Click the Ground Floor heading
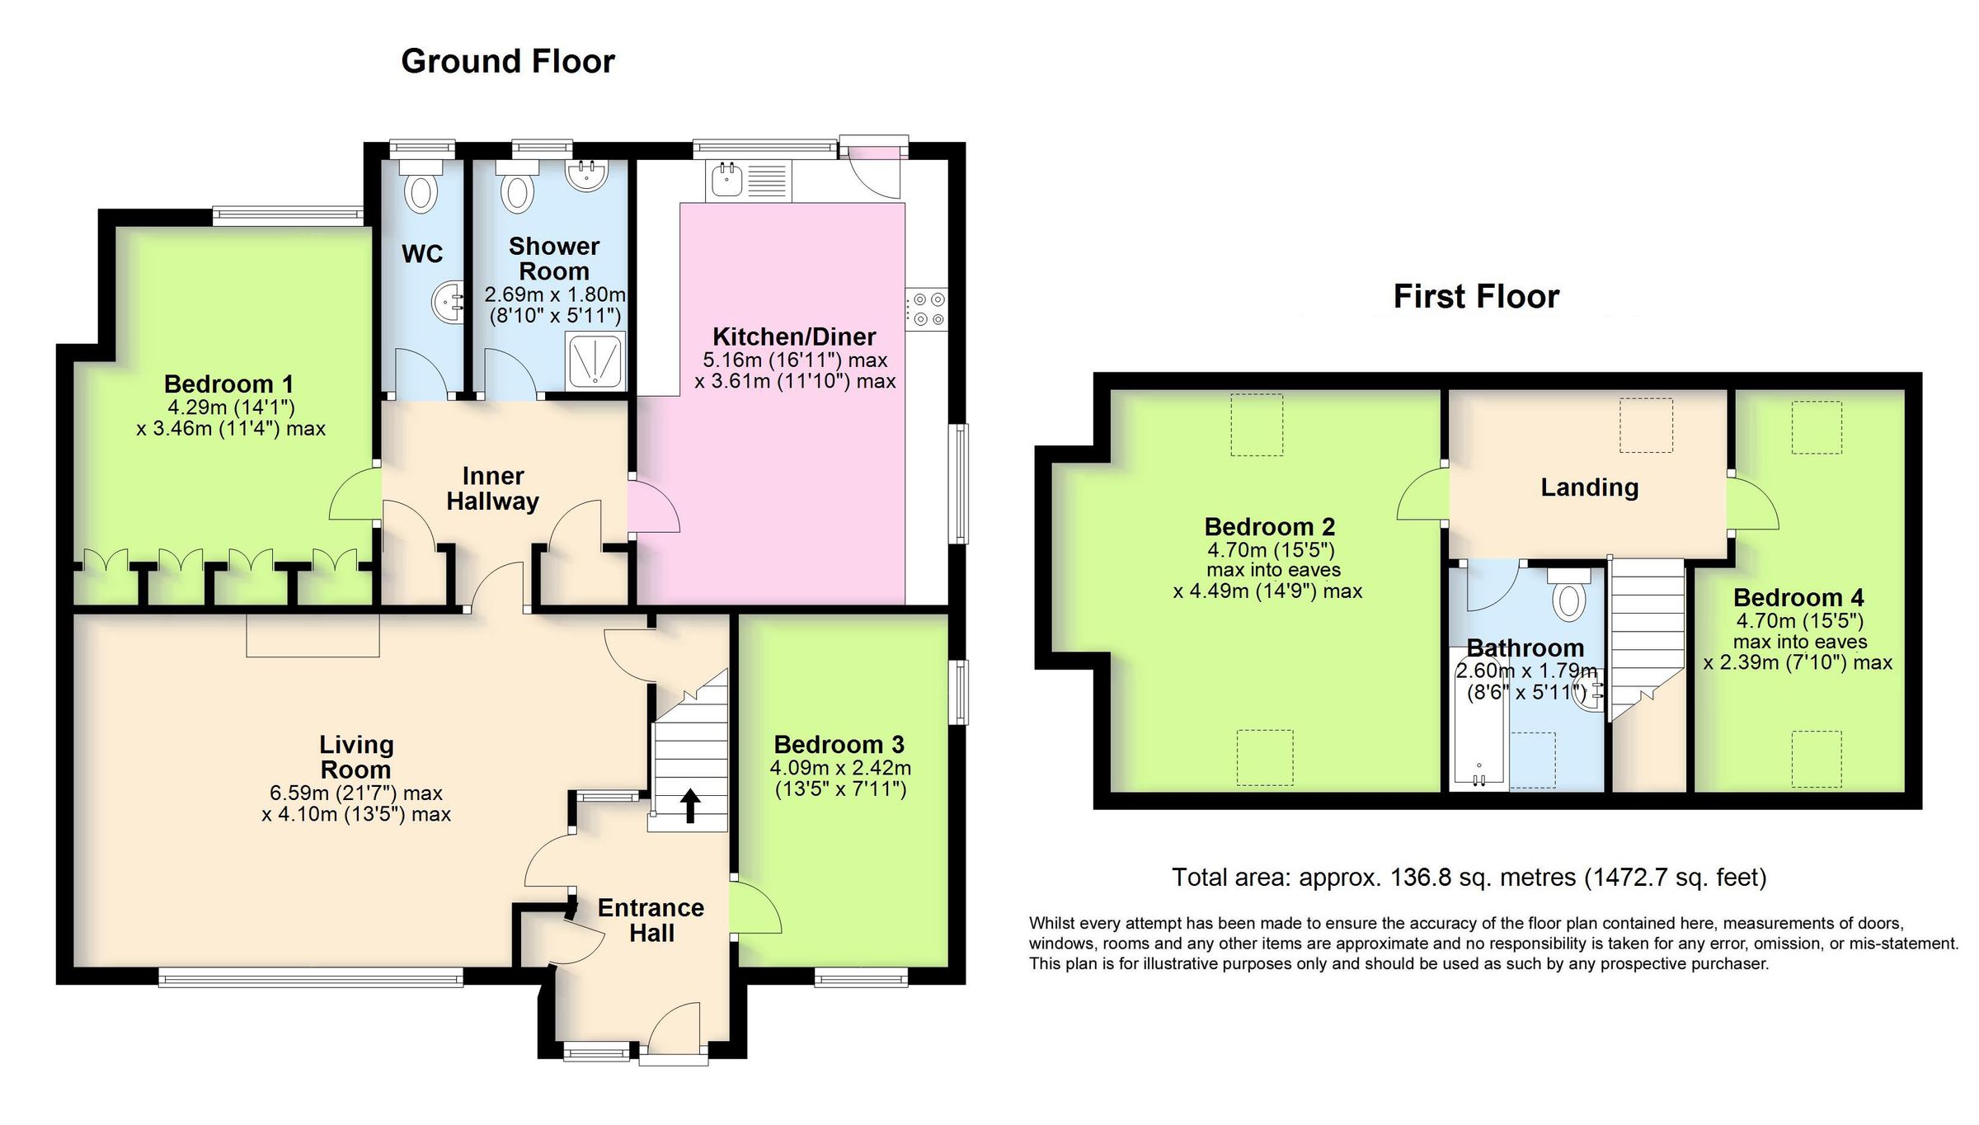pyautogui.click(x=508, y=62)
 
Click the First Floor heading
pyautogui.click(x=1476, y=297)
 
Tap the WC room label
pyautogui.click(x=422, y=254)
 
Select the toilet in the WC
pyautogui.click(x=421, y=190)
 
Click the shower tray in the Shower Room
pyautogui.click(x=595, y=361)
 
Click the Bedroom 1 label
pyautogui.click(x=228, y=384)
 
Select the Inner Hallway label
pyautogui.click(x=493, y=488)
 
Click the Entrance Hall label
pyautogui.click(x=651, y=920)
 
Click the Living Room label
pyautogui.click(x=356, y=757)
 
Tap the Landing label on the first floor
pyautogui.click(x=1589, y=487)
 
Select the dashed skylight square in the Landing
pyautogui.click(x=1646, y=425)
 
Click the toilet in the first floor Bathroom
pyautogui.click(x=1568, y=597)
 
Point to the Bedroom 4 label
pyautogui.click(x=1798, y=597)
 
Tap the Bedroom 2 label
pyautogui.click(x=1269, y=526)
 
